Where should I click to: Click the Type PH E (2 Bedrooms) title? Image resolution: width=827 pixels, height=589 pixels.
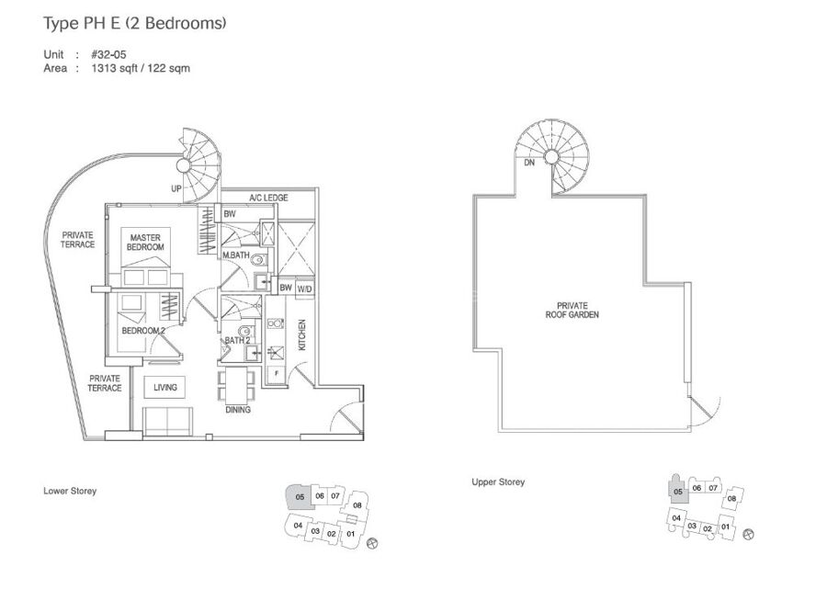134,23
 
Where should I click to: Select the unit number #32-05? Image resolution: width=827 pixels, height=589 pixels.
108,54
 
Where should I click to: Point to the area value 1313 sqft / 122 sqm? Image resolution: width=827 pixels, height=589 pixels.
141,68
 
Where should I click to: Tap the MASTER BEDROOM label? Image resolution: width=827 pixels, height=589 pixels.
145,243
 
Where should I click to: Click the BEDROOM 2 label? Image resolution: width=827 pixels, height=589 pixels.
143,331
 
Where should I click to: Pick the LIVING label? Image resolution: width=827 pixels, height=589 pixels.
165,388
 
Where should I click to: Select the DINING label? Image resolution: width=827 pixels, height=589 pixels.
238,410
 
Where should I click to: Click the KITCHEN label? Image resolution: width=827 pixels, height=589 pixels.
302,334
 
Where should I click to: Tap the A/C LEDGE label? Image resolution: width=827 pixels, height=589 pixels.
268,198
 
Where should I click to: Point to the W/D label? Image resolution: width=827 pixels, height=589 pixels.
305,289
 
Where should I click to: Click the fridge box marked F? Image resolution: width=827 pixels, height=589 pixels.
276,374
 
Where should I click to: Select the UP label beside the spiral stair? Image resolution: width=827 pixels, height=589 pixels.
176,188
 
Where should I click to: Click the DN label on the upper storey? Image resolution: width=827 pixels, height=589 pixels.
529,163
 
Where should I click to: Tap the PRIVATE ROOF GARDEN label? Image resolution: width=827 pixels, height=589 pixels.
572,310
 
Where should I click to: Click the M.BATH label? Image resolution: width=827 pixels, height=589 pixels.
236,255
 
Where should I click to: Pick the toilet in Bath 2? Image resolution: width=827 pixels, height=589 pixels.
245,332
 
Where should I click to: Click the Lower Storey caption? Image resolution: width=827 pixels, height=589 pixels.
70,491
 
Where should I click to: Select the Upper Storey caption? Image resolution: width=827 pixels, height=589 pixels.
498,482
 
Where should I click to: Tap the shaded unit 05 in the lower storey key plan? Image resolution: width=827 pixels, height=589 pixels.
300,497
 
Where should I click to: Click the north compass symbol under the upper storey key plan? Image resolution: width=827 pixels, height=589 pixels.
748,534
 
